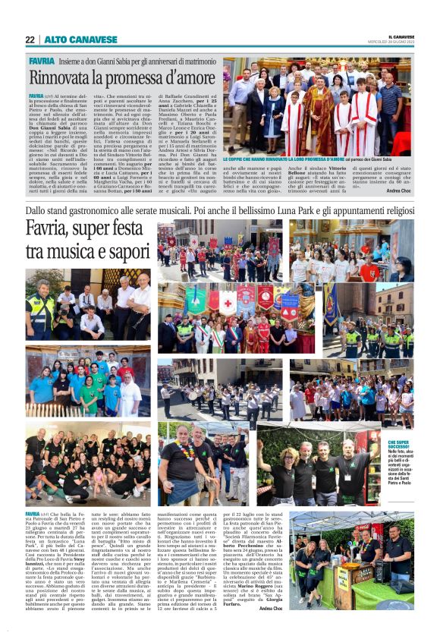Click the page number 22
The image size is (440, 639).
pyautogui.click(x=30, y=39)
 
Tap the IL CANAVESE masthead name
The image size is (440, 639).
pyautogui.click(x=401, y=36)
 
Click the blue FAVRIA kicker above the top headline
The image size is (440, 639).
pyautogui.click(x=41, y=60)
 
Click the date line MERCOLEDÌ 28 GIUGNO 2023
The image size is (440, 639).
pyautogui.click(x=400, y=42)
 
